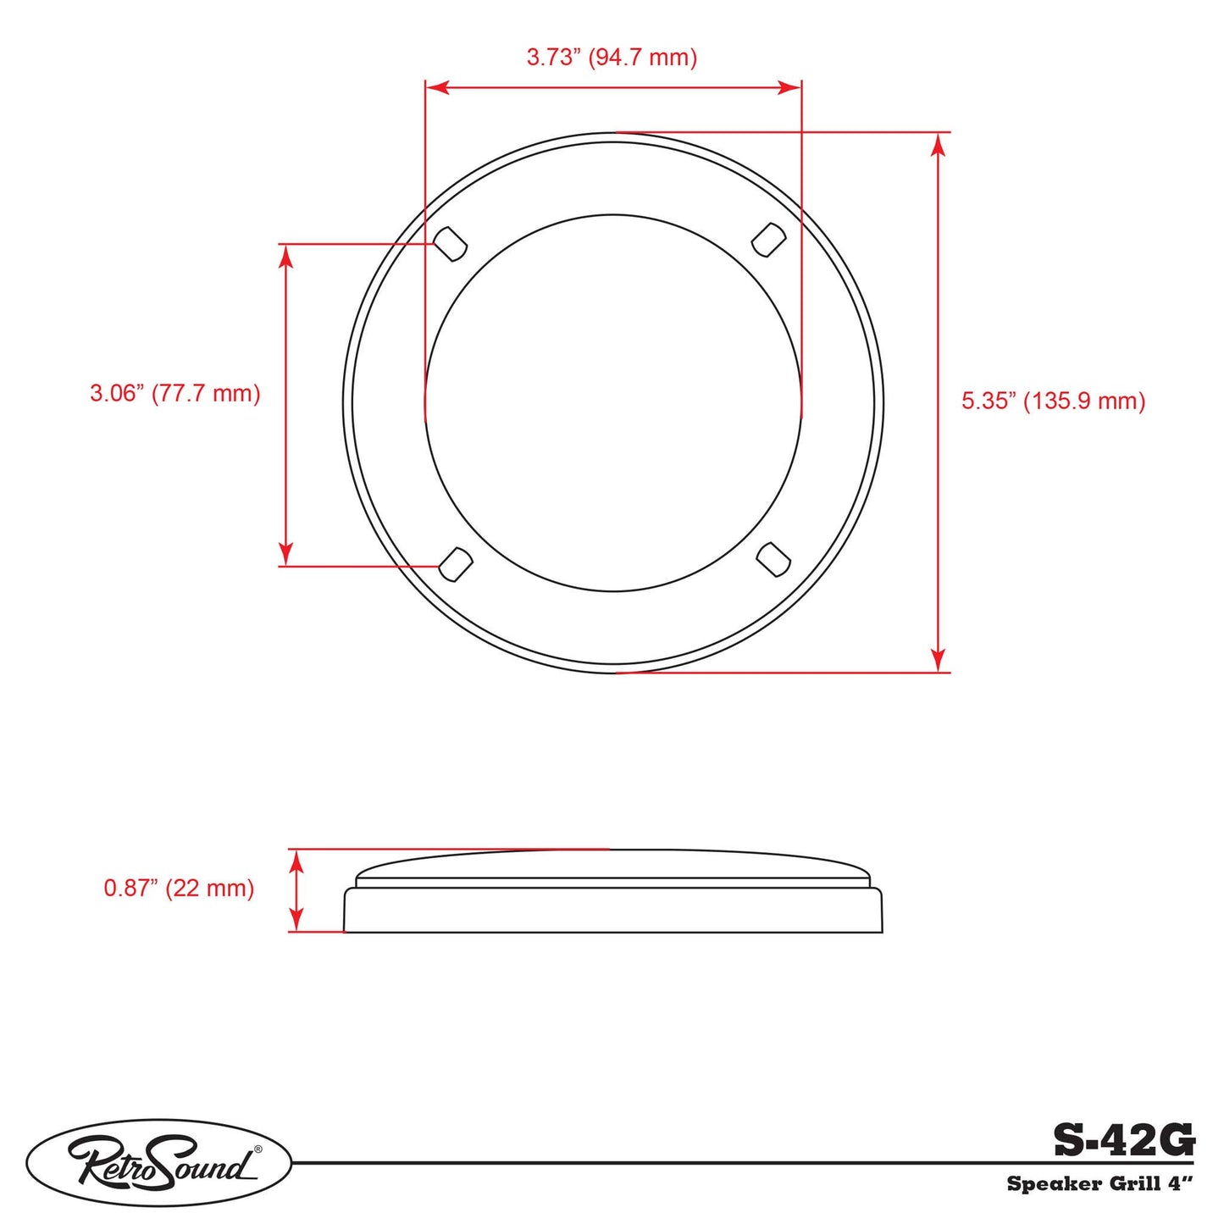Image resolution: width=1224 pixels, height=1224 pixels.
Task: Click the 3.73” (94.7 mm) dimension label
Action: (612, 58)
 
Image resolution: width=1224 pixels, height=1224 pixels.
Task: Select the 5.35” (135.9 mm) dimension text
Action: (1053, 401)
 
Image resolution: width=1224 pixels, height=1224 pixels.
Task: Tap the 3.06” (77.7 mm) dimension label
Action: (175, 393)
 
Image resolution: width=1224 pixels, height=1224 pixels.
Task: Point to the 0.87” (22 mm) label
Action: (179, 888)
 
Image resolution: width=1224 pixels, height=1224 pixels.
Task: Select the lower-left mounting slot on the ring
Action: (455, 564)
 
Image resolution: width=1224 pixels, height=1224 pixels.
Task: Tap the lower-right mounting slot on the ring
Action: (773, 559)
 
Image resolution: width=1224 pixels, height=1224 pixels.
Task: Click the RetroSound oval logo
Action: (159, 1162)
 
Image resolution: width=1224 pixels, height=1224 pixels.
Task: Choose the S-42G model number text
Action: (1123, 1140)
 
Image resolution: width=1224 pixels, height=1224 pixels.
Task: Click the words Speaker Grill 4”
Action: (1099, 1183)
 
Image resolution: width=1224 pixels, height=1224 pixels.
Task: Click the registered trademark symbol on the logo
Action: (258, 1149)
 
